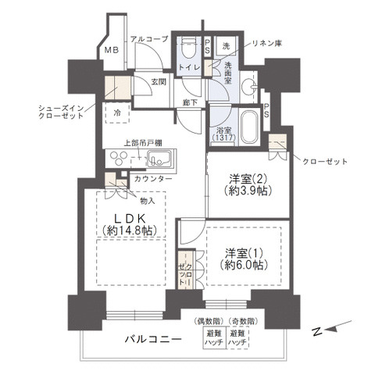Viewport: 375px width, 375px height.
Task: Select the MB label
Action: tap(112, 52)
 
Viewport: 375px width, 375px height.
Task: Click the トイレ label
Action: tap(188, 69)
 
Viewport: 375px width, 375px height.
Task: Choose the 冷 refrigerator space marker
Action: tap(116, 110)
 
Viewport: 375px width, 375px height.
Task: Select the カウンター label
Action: tap(153, 179)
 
